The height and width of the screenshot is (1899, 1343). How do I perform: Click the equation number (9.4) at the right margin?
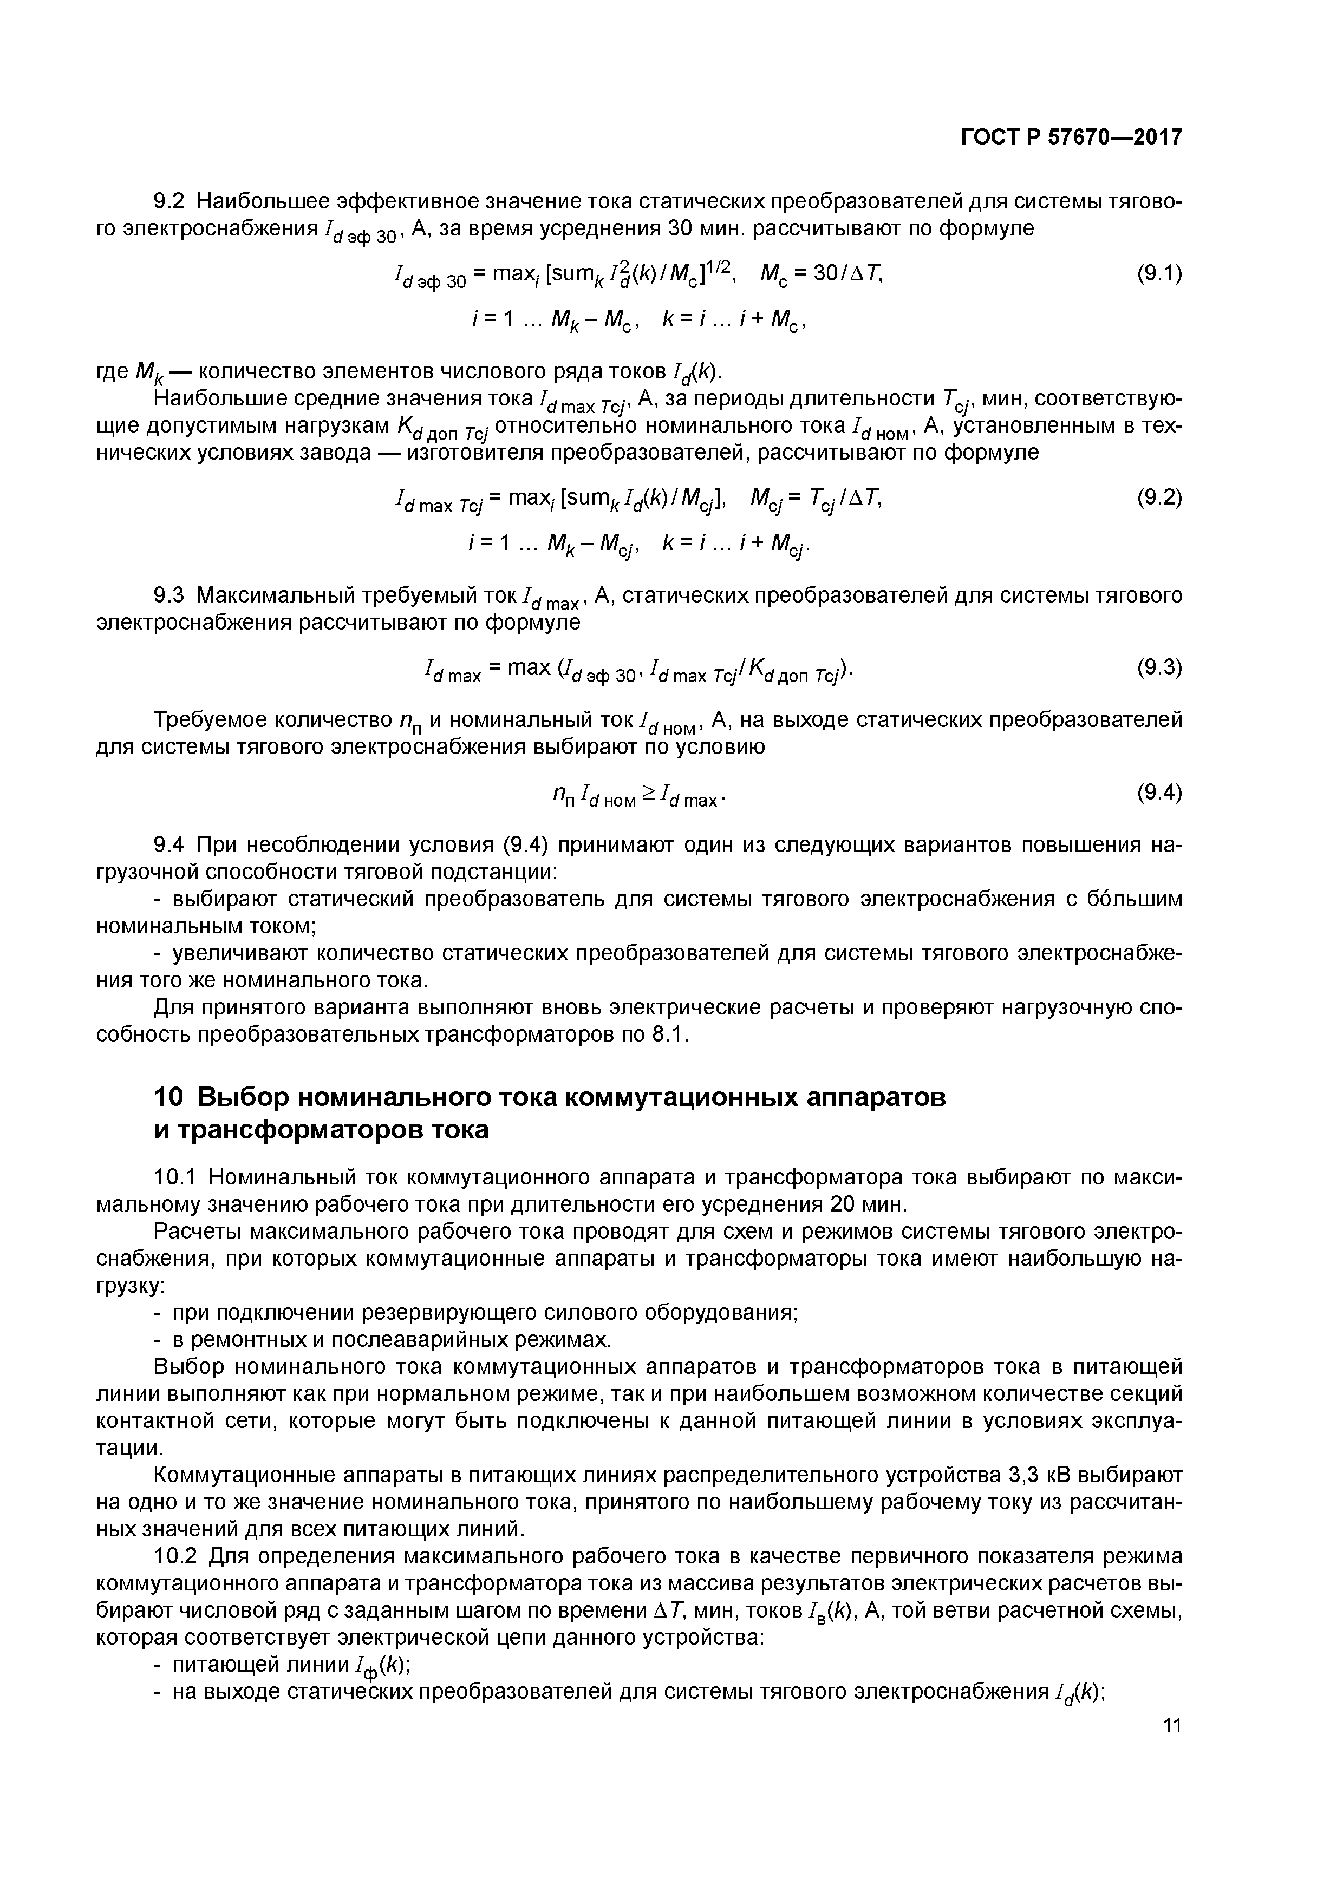[1159, 793]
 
